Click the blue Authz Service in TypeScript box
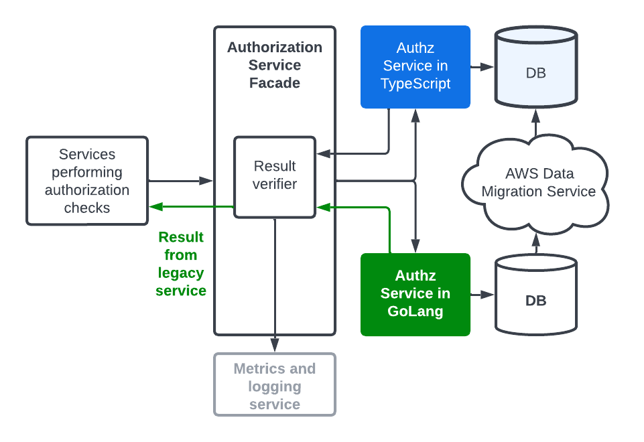[415, 66]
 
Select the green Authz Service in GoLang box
[415, 294]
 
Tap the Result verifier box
[275, 176]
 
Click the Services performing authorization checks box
[87, 181]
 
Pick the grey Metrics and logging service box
[275, 386]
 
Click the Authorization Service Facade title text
[275, 65]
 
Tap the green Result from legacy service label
[181, 264]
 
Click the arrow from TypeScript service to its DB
[482, 67]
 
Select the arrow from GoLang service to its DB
[482, 295]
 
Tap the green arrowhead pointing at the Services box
[155, 208]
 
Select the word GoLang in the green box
[415, 311]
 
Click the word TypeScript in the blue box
[415, 84]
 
